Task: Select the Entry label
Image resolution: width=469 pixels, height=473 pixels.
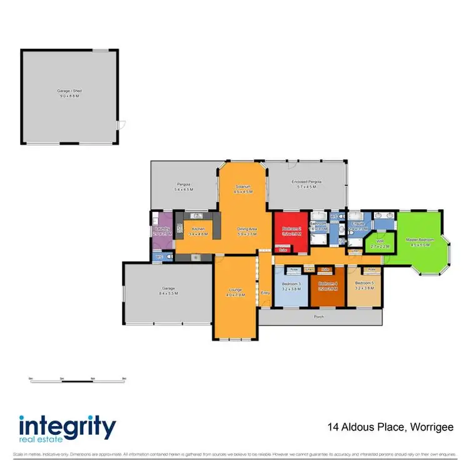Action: click(x=265, y=292)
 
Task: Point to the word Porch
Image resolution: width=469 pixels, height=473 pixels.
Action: click(x=320, y=317)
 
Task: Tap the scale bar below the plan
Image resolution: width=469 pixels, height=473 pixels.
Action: click(x=77, y=379)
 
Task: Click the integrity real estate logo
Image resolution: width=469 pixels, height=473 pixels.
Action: click(x=67, y=429)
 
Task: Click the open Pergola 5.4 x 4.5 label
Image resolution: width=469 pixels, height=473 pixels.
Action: click(x=183, y=187)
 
